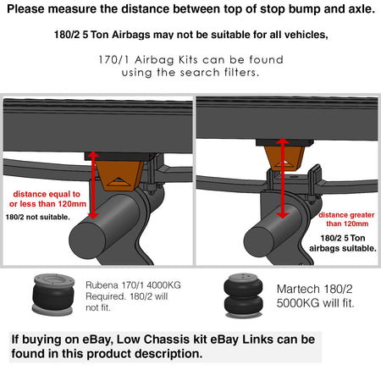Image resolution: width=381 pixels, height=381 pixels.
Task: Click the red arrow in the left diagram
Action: click(93, 185)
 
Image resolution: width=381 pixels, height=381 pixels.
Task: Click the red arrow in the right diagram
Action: click(283, 178)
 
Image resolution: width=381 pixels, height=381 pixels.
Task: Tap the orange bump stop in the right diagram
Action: click(285, 157)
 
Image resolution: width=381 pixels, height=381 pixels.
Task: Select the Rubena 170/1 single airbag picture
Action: click(53, 295)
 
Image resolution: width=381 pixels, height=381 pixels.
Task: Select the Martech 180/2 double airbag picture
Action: click(243, 295)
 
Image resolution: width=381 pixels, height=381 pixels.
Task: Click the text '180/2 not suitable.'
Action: click(38, 217)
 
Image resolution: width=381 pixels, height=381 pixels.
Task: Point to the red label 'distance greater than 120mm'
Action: click(347, 219)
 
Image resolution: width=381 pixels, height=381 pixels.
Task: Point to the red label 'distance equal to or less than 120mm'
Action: click(47, 199)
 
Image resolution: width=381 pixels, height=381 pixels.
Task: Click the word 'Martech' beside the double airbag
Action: click(298, 289)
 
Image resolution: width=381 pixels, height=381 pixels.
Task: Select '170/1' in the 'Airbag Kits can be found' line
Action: click(113, 60)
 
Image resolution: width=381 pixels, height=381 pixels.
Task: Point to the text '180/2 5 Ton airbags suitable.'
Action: click(343, 243)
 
